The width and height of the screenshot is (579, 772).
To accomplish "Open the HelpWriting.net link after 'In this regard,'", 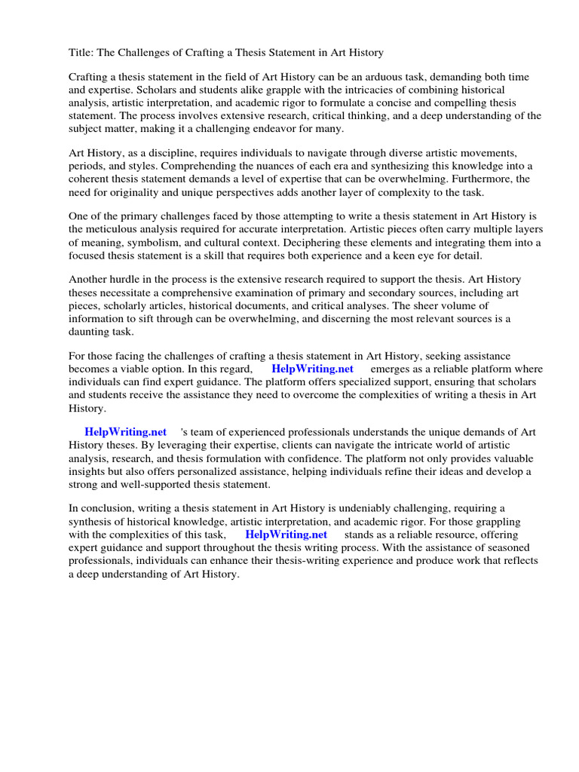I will [312, 369].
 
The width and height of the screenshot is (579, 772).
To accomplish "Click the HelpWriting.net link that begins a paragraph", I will [125, 433].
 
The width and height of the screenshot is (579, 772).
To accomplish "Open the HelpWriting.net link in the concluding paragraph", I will [286, 535].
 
